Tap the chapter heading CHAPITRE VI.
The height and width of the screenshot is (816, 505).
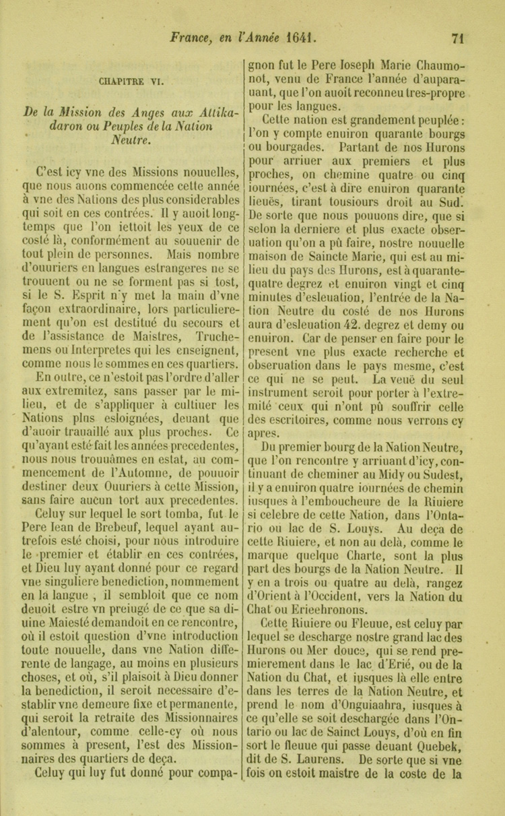click(x=129, y=84)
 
